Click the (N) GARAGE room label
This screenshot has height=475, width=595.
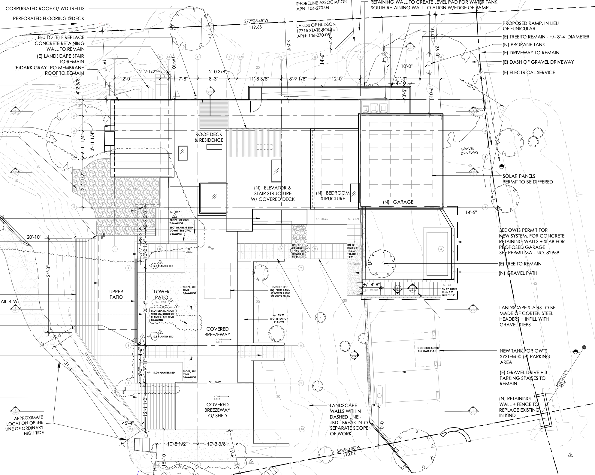[x=398, y=202]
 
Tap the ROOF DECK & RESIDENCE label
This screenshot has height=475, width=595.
[x=209, y=137]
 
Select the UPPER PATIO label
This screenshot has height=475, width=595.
[x=116, y=294]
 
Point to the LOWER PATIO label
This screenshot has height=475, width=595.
[x=162, y=294]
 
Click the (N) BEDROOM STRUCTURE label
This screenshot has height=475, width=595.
[x=333, y=196]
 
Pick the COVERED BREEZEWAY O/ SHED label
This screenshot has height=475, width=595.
[x=217, y=410]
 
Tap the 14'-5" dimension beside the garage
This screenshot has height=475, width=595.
[x=471, y=213]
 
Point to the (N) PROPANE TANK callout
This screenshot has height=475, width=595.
[x=524, y=45]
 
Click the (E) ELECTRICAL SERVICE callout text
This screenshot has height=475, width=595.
[x=529, y=73]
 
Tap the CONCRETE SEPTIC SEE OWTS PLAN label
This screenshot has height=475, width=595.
[x=428, y=349]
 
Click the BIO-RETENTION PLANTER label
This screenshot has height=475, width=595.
[x=279, y=320]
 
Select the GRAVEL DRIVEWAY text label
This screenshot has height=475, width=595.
[x=470, y=151]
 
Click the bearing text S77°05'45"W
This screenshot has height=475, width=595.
[x=256, y=21]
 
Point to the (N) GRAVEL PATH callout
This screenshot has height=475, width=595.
[x=522, y=273]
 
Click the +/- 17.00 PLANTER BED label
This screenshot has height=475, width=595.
[x=161, y=373]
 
